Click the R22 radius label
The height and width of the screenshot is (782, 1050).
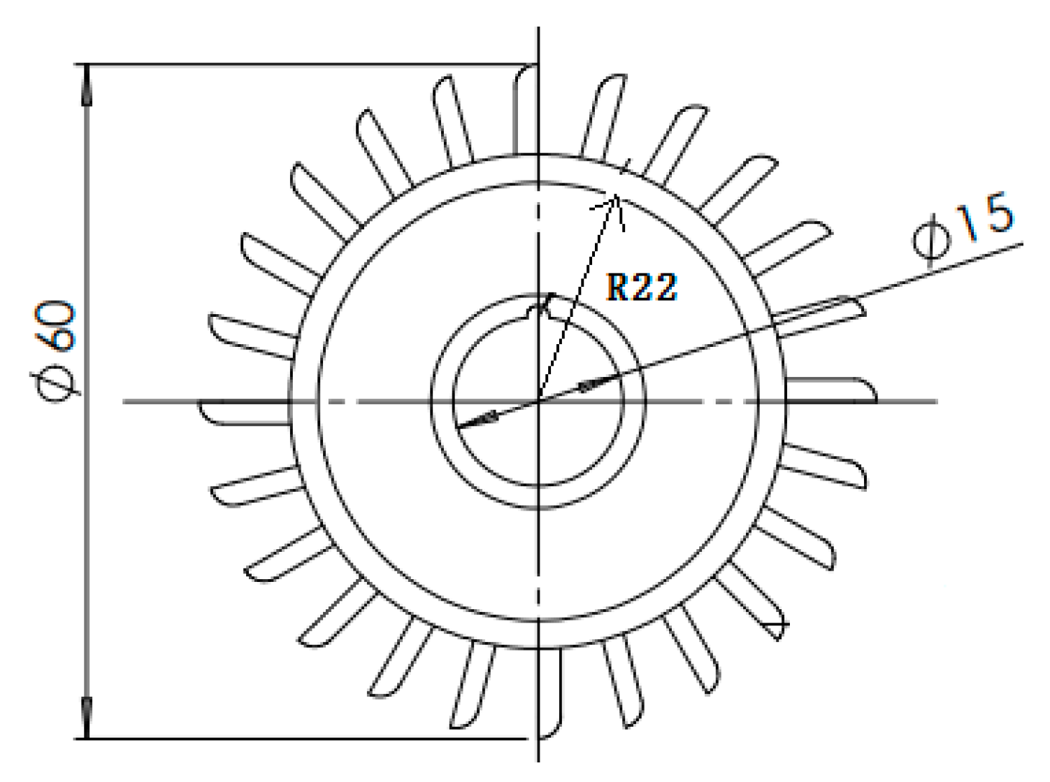(x=641, y=287)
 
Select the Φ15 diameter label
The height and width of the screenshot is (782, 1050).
(x=963, y=230)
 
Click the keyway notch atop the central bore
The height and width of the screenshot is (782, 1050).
(x=545, y=306)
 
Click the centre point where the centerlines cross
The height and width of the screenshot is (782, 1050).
(x=538, y=401)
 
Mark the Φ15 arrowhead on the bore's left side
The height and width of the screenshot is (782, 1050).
(x=475, y=421)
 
